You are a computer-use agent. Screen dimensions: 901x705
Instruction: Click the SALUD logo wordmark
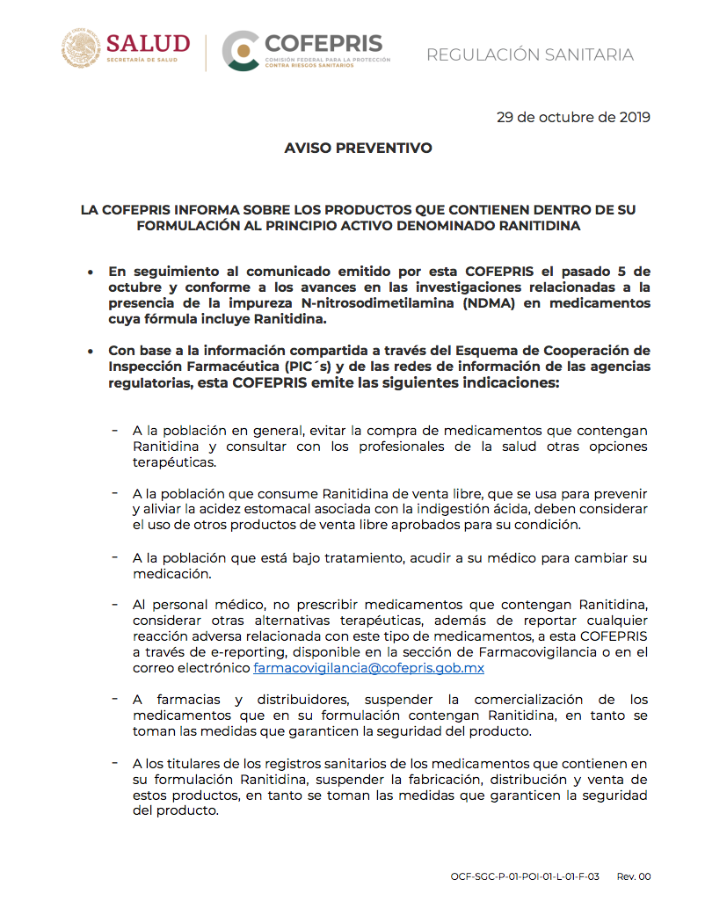coord(148,45)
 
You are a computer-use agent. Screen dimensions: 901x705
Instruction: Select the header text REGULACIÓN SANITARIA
coord(529,55)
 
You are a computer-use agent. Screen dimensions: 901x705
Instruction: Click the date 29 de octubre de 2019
coord(573,118)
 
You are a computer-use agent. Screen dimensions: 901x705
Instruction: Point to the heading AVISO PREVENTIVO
coord(358,149)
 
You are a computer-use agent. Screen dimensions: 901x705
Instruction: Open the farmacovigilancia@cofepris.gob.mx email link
coord(368,668)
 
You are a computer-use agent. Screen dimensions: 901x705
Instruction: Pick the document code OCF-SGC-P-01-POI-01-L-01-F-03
coord(525,876)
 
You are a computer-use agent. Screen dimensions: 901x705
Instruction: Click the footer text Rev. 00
coord(634,876)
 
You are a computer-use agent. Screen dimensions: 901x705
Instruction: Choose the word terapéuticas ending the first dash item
coord(173,462)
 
